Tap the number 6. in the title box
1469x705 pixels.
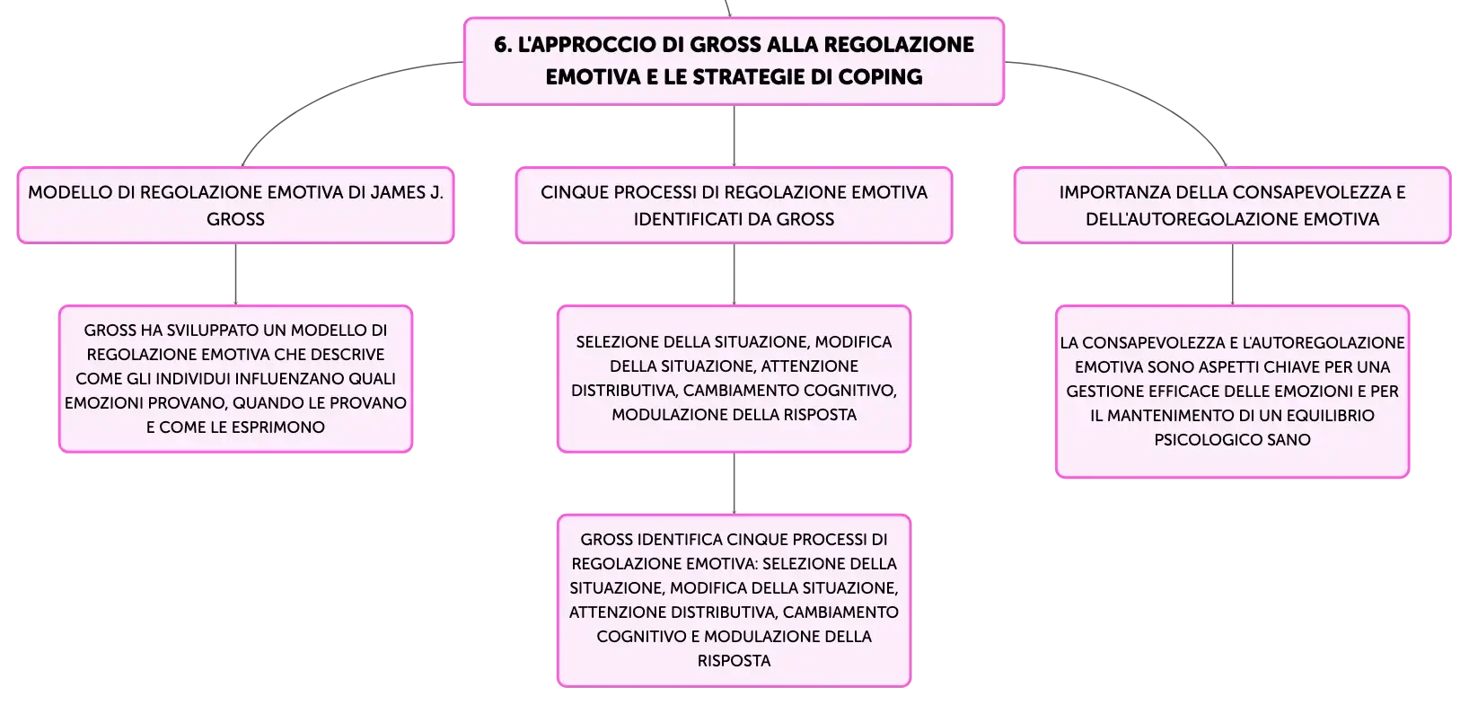point(502,45)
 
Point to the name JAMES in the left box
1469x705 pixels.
point(398,192)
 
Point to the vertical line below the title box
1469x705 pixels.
point(734,136)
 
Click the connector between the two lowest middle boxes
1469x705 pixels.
point(734,483)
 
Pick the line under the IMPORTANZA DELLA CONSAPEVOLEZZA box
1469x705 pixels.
point(1232,274)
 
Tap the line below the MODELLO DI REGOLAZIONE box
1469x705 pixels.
point(235,274)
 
